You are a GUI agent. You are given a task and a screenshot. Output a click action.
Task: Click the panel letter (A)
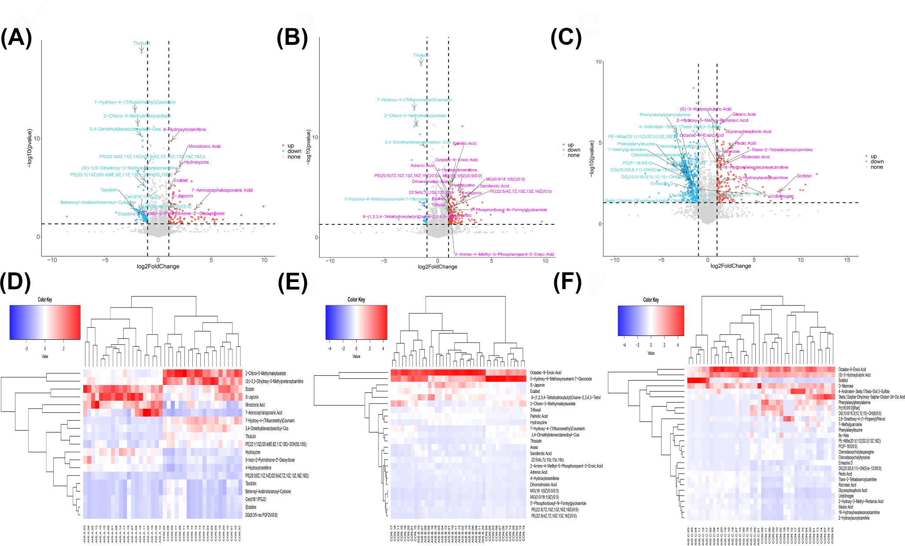[x=16, y=38]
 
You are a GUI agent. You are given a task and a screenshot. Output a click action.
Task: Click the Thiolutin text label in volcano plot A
[x=141, y=43]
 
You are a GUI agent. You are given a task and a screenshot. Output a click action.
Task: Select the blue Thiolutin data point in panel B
[x=421, y=65]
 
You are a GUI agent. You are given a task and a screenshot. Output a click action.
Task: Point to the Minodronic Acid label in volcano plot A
[x=204, y=147]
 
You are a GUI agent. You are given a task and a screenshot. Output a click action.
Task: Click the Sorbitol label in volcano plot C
[x=804, y=176]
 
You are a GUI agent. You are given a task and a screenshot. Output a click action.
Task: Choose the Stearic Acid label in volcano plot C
[x=744, y=114]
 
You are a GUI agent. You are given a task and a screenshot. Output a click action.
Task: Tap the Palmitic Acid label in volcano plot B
[x=464, y=143]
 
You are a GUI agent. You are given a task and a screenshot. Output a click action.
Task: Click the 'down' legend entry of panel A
[x=294, y=151]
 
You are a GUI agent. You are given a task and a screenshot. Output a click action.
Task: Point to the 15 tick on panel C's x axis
[x=847, y=260]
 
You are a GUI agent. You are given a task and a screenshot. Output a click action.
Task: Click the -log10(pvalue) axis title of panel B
[x=309, y=147]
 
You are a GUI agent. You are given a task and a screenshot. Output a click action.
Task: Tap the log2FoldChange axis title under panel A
[x=158, y=266]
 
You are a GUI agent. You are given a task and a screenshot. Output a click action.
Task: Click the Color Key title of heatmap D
[x=45, y=300]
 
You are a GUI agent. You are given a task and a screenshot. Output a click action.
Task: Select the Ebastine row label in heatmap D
[x=250, y=507]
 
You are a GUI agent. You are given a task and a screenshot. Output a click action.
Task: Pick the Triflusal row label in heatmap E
[x=535, y=410]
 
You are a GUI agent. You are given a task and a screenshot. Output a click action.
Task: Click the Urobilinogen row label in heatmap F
[x=846, y=496]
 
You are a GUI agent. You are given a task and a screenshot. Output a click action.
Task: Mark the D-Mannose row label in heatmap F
[x=846, y=386]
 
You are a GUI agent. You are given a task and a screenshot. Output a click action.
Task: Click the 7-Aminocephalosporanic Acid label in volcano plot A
[x=222, y=190]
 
